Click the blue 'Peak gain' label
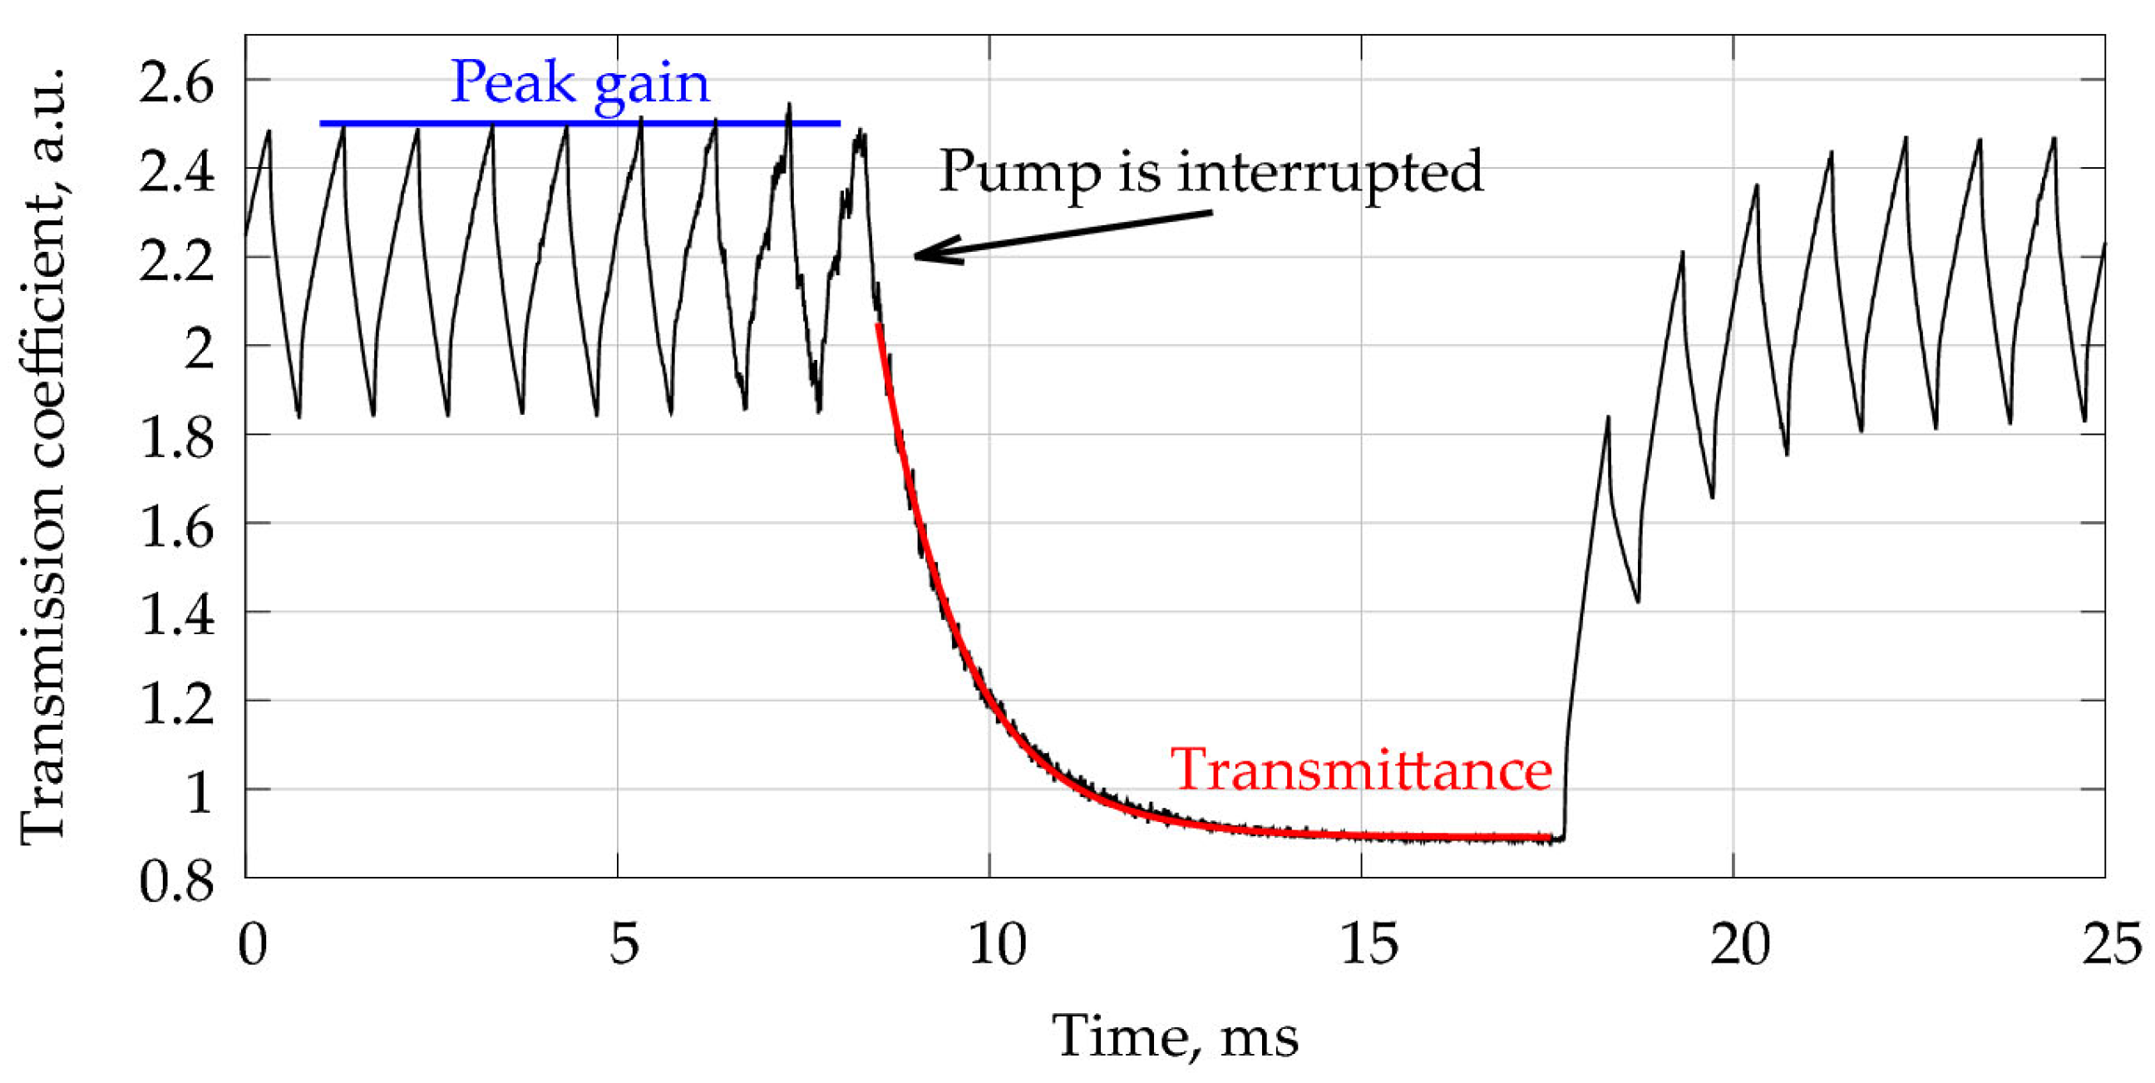coord(579,84)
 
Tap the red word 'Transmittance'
coord(1360,770)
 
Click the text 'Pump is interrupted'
coord(1211,171)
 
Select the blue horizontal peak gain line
coord(579,124)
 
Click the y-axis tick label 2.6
coord(176,84)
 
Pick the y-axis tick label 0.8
coord(176,882)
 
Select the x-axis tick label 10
coord(996,945)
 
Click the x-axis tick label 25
coord(2111,945)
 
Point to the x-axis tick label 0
coord(252,945)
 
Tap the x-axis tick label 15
coord(1368,945)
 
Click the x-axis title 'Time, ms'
coord(1175,1037)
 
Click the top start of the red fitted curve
coord(877,325)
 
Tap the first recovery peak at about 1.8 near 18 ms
coord(1607,416)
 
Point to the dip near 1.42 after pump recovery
coord(1637,600)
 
